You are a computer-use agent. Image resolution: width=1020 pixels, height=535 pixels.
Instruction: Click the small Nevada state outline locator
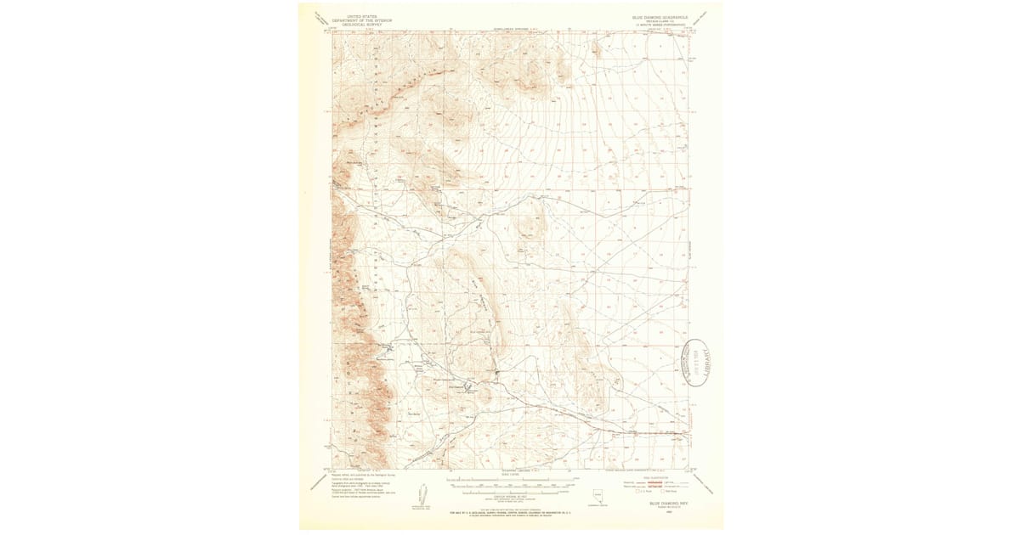pos(605,494)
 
